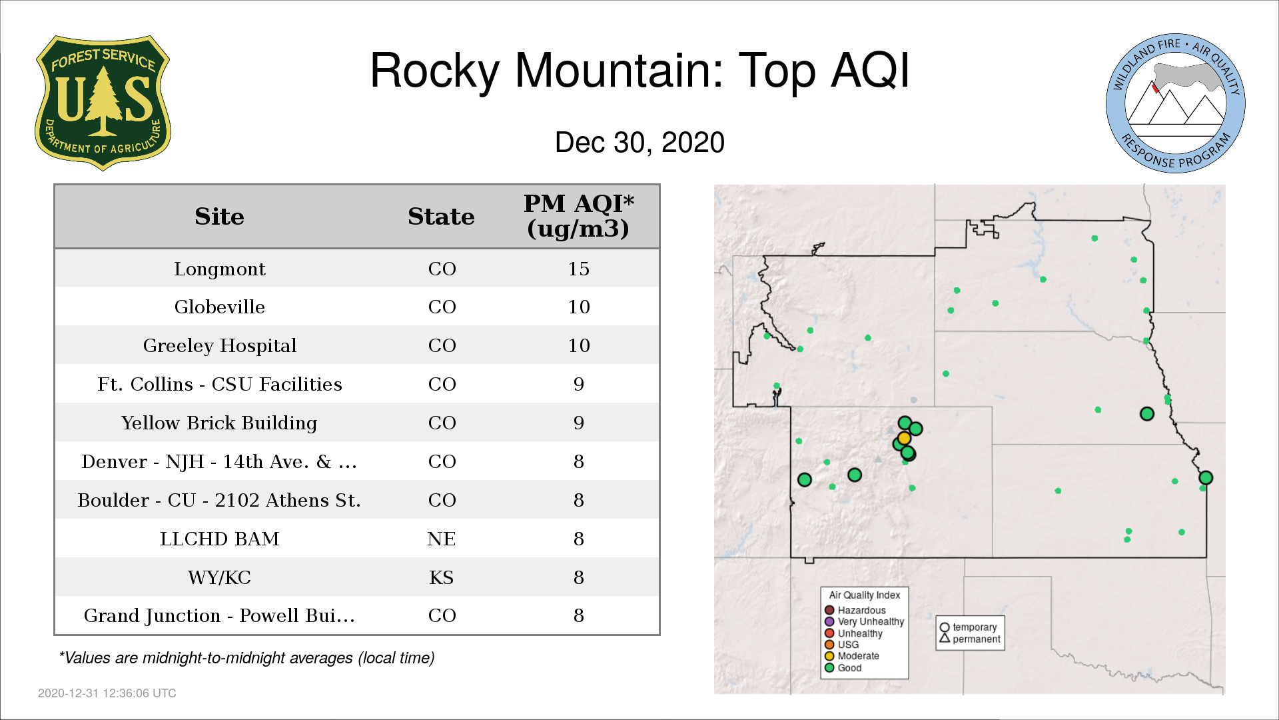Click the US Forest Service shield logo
pos(103,103)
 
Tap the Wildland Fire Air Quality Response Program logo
pos(1175,103)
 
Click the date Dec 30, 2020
pos(639,143)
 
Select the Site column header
pos(219,217)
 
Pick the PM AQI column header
pos(578,216)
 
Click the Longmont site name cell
pos(220,269)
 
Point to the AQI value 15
pos(578,269)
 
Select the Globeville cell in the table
pos(220,307)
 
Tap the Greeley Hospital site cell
pos(220,345)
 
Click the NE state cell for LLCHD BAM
pos(442,539)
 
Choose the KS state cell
pos(442,577)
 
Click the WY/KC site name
pos(220,577)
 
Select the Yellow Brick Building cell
pos(219,423)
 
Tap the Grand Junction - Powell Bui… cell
pos(219,615)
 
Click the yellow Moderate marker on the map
pos(904,438)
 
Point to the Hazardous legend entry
pos(855,610)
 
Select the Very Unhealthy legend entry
pos(864,621)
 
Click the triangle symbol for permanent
pos(945,638)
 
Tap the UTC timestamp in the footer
pos(107,693)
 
